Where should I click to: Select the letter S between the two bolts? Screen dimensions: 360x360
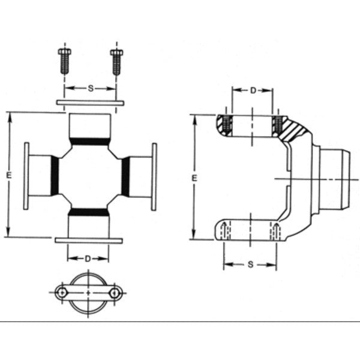(90, 88)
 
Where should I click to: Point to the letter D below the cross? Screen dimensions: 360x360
(88, 259)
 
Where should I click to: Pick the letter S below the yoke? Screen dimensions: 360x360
(249, 264)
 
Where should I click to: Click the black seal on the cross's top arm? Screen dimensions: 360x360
(89, 142)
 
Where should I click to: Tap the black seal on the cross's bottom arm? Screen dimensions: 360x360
(89, 212)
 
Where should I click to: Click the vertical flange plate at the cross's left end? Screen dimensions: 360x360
(26, 176)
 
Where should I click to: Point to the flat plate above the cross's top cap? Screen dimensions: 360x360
(89, 103)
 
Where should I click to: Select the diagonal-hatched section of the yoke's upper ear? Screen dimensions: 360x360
(295, 128)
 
